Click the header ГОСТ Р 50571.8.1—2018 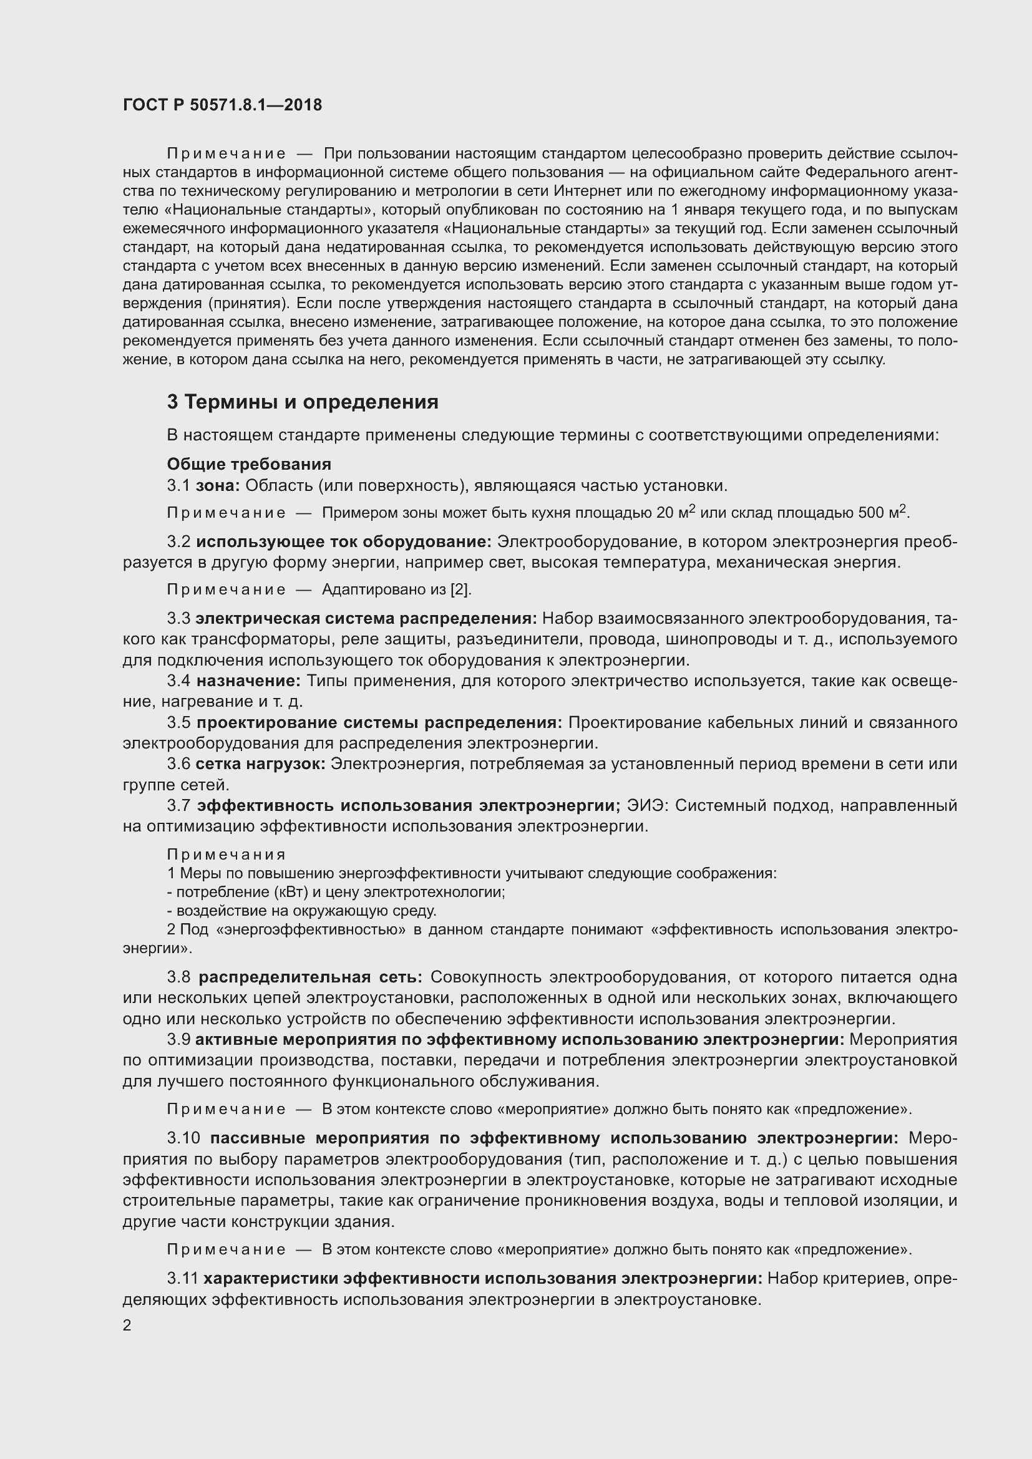pos(222,105)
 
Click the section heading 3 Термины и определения pos(303,402)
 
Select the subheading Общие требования pos(248,465)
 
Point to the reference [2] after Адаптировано pos(460,589)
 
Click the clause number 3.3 pos(178,619)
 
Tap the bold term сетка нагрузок pos(261,764)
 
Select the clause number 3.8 pos(178,977)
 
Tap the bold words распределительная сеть pos(310,977)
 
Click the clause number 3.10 pos(183,1138)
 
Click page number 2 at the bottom pos(127,1321)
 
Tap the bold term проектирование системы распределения pos(379,722)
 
